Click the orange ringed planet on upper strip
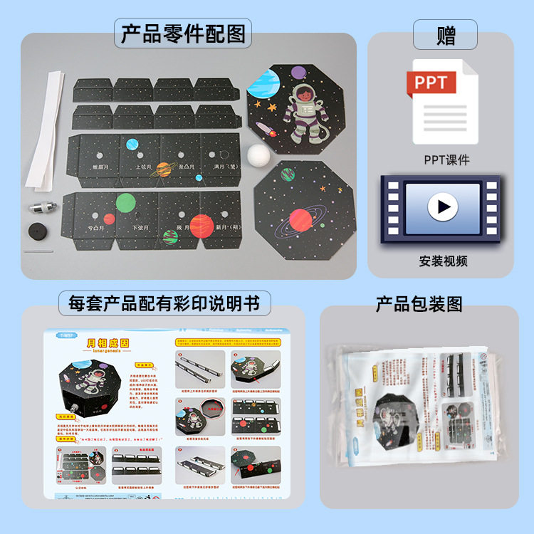[x=164, y=169]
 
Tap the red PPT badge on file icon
[x=431, y=83]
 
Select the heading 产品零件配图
[x=183, y=34]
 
